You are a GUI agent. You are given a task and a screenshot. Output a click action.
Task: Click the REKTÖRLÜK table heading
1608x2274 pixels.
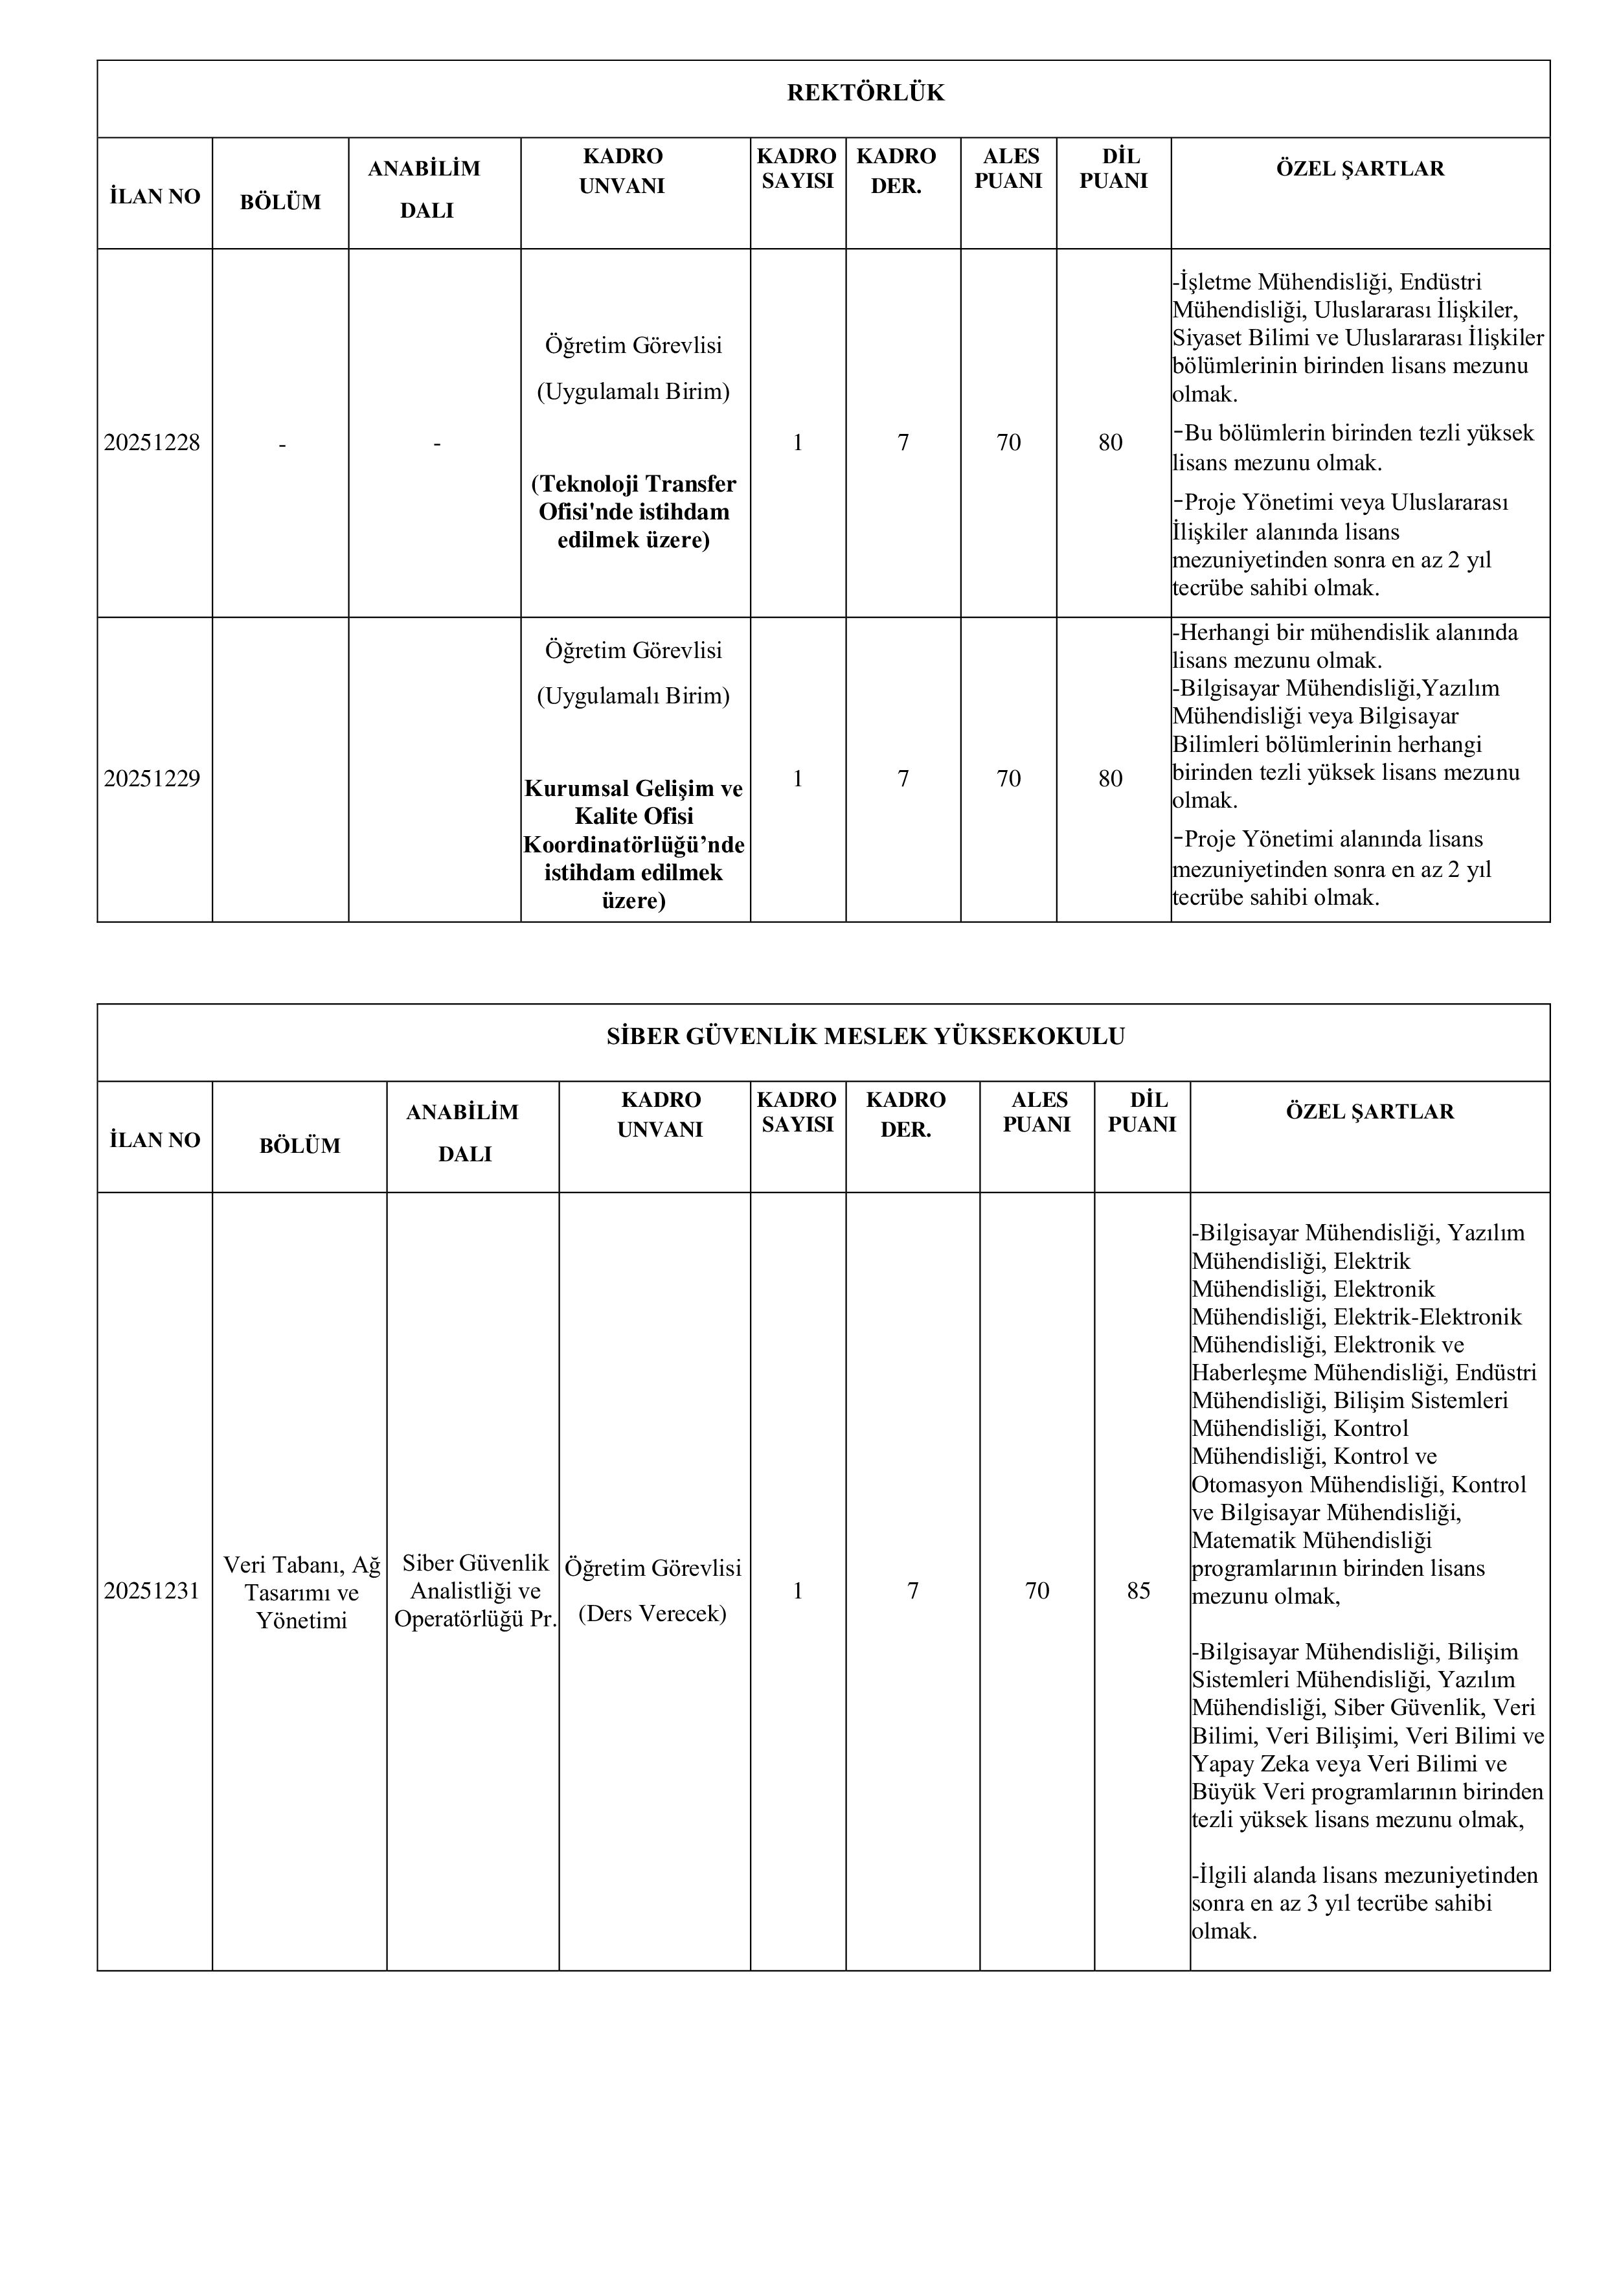[865, 93]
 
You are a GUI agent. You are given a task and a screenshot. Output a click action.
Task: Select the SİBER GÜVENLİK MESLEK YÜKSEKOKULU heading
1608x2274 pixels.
[865, 1037]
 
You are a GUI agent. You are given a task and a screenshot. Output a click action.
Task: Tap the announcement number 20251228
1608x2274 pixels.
[152, 443]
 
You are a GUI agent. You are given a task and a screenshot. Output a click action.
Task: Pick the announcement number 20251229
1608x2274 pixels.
[152, 779]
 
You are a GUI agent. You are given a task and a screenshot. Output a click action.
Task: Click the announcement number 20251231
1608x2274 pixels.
[152, 1591]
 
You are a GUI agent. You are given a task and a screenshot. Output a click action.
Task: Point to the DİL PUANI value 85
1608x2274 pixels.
[1138, 1591]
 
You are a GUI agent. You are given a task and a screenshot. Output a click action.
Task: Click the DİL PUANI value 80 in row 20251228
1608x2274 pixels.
[1110, 443]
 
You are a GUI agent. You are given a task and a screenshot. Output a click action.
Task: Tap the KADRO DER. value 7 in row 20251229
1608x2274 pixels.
[902, 779]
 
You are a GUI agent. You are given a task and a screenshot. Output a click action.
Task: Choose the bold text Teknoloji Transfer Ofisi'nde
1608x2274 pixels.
[634, 497]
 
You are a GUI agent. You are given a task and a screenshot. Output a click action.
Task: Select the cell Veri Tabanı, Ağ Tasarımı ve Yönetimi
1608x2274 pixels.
[301, 1591]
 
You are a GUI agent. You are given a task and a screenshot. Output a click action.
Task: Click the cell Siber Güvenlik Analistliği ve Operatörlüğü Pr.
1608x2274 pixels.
[475, 1591]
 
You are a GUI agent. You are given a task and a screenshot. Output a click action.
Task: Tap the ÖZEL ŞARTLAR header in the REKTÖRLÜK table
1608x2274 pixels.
[1359, 168]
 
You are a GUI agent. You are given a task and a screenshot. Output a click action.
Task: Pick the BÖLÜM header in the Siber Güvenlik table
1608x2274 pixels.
[299, 1146]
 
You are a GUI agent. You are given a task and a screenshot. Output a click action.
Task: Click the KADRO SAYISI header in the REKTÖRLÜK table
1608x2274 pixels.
[797, 168]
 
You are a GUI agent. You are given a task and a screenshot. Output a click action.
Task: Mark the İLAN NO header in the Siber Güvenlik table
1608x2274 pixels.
[155, 1140]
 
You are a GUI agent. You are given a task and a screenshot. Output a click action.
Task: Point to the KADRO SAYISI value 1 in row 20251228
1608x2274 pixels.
[797, 443]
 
